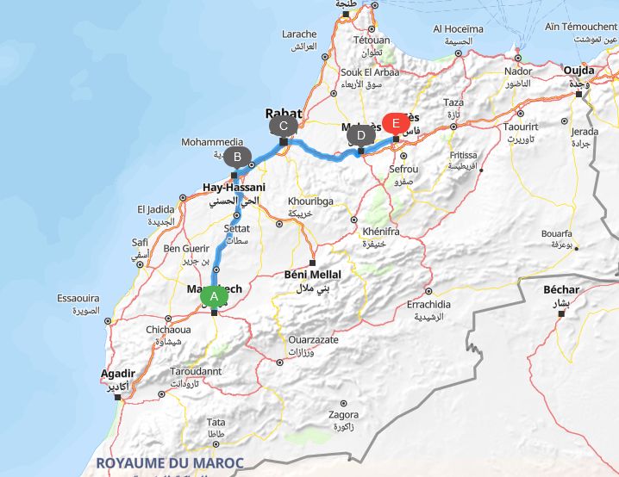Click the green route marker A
[214, 296]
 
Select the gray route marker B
[234, 157]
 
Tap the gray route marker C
[282, 126]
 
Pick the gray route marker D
[360, 134]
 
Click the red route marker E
[396, 121]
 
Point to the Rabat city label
[284, 113]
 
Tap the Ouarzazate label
[313, 340]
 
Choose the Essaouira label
[78, 298]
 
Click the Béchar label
[561, 290]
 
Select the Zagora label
[344, 414]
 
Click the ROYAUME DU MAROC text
[170, 462]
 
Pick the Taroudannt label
[196, 371]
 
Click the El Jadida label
[156, 209]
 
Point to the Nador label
[518, 71]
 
